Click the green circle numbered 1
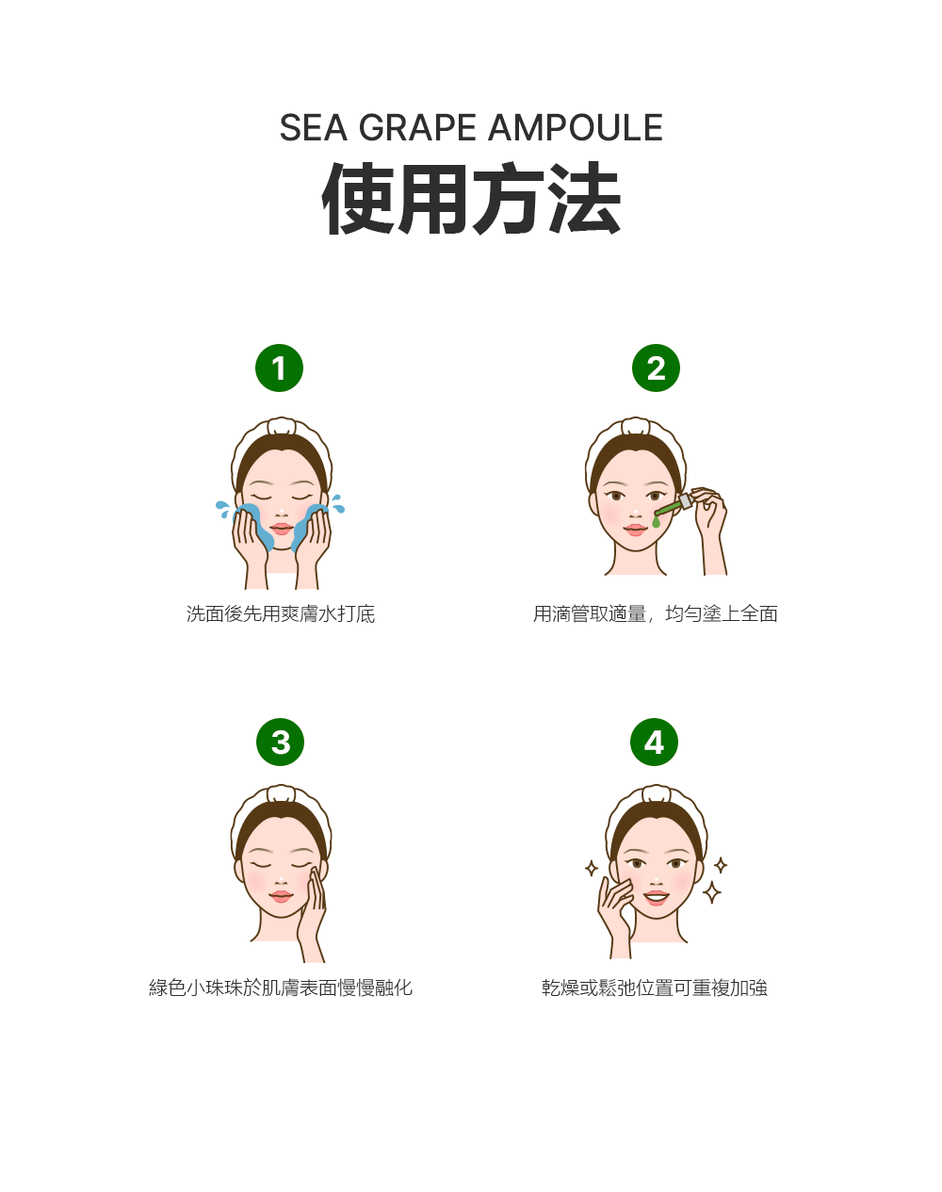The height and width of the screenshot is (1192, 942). pyautogui.click(x=279, y=367)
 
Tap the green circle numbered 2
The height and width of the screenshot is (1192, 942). pyautogui.click(x=656, y=367)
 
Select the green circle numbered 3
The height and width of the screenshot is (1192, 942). pyautogui.click(x=280, y=742)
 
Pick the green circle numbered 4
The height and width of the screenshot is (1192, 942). pyautogui.click(x=654, y=742)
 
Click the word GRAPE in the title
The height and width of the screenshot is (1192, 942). pyautogui.click(x=417, y=128)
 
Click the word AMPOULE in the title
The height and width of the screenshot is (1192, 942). pyautogui.click(x=576, y=128)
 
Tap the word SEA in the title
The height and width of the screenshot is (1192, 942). pyautogui.click(x=314, y=128)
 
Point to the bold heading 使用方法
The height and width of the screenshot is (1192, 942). pyautogui.click(x=471, y=198)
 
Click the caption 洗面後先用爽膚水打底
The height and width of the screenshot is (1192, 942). pyautogui.click(x=281, y=613)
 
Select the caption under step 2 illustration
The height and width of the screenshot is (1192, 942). pyautogui.click(x=655, y=613)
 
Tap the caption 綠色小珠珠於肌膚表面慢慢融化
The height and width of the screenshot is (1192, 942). pyautogui.click(x=281, y=988)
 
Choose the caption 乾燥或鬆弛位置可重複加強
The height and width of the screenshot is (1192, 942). pyautogui.click(x=655, y=988)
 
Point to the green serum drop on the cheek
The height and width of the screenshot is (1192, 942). pyautogui.click(x=657, y=521)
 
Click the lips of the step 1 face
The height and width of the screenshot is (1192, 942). pyautogui.click(x=282, y=529)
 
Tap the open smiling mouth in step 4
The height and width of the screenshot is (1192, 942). pyautogui.click(x=656, y=897)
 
